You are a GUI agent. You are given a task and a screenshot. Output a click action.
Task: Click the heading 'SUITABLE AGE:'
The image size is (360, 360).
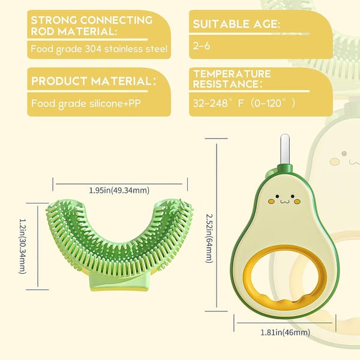(x=236, y=24)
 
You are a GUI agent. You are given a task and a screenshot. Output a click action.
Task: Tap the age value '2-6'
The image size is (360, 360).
(x=202, y=46)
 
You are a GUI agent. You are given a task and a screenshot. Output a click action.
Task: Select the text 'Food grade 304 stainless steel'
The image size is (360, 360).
(x=99, y=49)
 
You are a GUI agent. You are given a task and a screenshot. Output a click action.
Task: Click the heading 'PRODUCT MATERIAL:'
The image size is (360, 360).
(x=94, y=81)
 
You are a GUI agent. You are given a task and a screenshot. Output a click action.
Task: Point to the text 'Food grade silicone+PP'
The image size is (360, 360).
(x=86, y=104)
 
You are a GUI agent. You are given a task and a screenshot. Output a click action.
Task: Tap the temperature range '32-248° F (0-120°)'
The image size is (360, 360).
(x=244, y=103)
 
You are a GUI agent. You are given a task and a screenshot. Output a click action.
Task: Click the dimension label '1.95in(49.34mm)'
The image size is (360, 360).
(x=119, y=190)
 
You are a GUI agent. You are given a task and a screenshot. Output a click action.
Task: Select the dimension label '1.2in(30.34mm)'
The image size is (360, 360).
(x=23, y=246)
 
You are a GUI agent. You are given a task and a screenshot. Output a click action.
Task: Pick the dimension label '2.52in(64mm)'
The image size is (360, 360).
(x=209, y=239)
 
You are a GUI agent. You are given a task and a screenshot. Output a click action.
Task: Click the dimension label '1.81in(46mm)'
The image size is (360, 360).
(x=285, y=332)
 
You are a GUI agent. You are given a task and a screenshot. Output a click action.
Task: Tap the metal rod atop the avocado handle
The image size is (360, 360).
(x=284, y=149)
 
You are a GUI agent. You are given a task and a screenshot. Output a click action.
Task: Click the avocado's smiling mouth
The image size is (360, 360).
(x=284, y=202)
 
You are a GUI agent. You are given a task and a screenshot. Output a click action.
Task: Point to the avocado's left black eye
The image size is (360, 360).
(x=277, y=196)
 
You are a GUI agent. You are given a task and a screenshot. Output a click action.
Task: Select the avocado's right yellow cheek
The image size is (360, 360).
(x=297, y=202)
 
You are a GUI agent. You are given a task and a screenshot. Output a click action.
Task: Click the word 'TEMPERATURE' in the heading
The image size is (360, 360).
(x=232, y=74)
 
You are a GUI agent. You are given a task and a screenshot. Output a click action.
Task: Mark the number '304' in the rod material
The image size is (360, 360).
(x=93, y=49)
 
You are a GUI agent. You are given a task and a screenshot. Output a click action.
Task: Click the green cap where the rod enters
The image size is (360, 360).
(x=285, y=169)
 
